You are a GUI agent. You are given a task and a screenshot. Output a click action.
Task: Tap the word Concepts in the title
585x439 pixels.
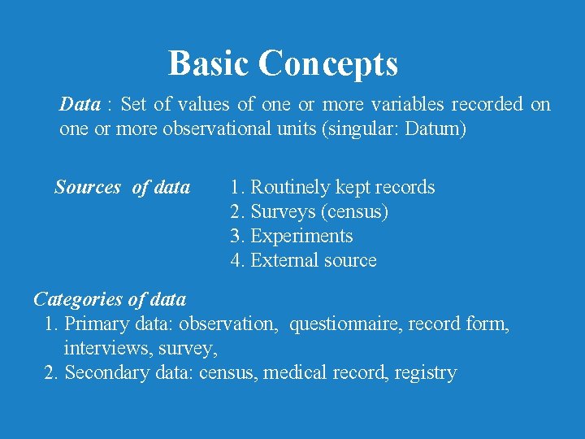pos(329,63)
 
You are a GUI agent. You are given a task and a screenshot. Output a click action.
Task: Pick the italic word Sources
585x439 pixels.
pos(87,188)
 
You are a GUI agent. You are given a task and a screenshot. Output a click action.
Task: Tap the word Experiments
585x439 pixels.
pos(301,237)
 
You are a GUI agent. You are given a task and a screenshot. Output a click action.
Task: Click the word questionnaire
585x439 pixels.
pos(345,324)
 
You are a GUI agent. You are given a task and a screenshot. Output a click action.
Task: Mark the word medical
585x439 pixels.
pos(295,372)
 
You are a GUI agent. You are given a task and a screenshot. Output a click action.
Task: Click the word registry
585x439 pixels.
pos(426,373)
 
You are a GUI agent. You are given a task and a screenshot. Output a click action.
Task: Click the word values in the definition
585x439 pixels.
pos(203,105)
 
